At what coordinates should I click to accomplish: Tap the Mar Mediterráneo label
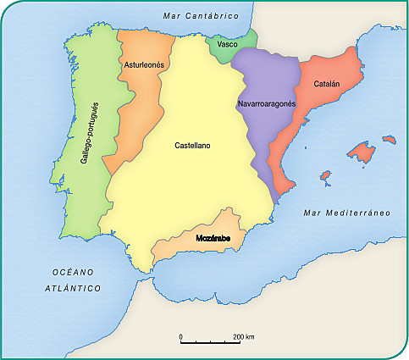click(x=346, y=212)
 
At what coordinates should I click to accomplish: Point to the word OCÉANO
click(x=72, y=271)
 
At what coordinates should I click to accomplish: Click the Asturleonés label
click(x=143, y=64)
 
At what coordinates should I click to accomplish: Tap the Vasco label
click(x=227, y=43)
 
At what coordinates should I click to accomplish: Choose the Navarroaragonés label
click(x=265, y=103)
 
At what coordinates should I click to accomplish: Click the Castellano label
click(x=192, y=146)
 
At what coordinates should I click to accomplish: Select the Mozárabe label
click(x=214, y=240)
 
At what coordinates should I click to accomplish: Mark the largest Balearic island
click(x=362, y=153)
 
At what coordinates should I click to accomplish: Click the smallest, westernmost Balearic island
click(x=324, y=179)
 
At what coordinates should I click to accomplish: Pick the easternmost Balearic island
click(x=390, y=138)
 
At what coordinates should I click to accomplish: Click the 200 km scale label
click(x=245, y=337)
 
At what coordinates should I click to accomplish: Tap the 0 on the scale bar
click(x=181, y=337)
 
